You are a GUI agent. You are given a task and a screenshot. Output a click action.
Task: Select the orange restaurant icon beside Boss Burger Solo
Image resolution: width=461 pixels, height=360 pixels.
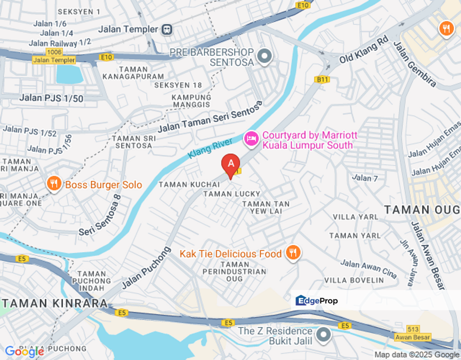tap(53, 184)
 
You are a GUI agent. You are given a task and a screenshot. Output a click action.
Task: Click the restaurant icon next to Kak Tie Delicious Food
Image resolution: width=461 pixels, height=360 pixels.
tap(292, 253)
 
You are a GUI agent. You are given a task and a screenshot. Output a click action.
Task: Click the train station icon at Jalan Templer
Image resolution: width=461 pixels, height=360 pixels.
tap(166, 29)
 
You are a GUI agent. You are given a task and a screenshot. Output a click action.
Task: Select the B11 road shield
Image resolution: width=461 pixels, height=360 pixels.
tap(321, 79)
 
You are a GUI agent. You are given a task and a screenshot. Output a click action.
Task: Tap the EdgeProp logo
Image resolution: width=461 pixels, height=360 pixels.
tap(317, 300)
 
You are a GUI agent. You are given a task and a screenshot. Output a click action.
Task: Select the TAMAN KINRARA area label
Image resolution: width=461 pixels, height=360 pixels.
tap(54, 303)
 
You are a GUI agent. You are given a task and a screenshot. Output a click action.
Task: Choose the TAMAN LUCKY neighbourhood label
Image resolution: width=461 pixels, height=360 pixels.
tap(231, 193)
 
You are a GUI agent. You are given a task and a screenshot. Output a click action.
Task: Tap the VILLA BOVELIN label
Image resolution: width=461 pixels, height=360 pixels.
tap(354, 280)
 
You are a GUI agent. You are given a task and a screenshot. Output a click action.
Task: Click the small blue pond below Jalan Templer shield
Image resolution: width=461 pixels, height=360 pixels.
tap(69, 74)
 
